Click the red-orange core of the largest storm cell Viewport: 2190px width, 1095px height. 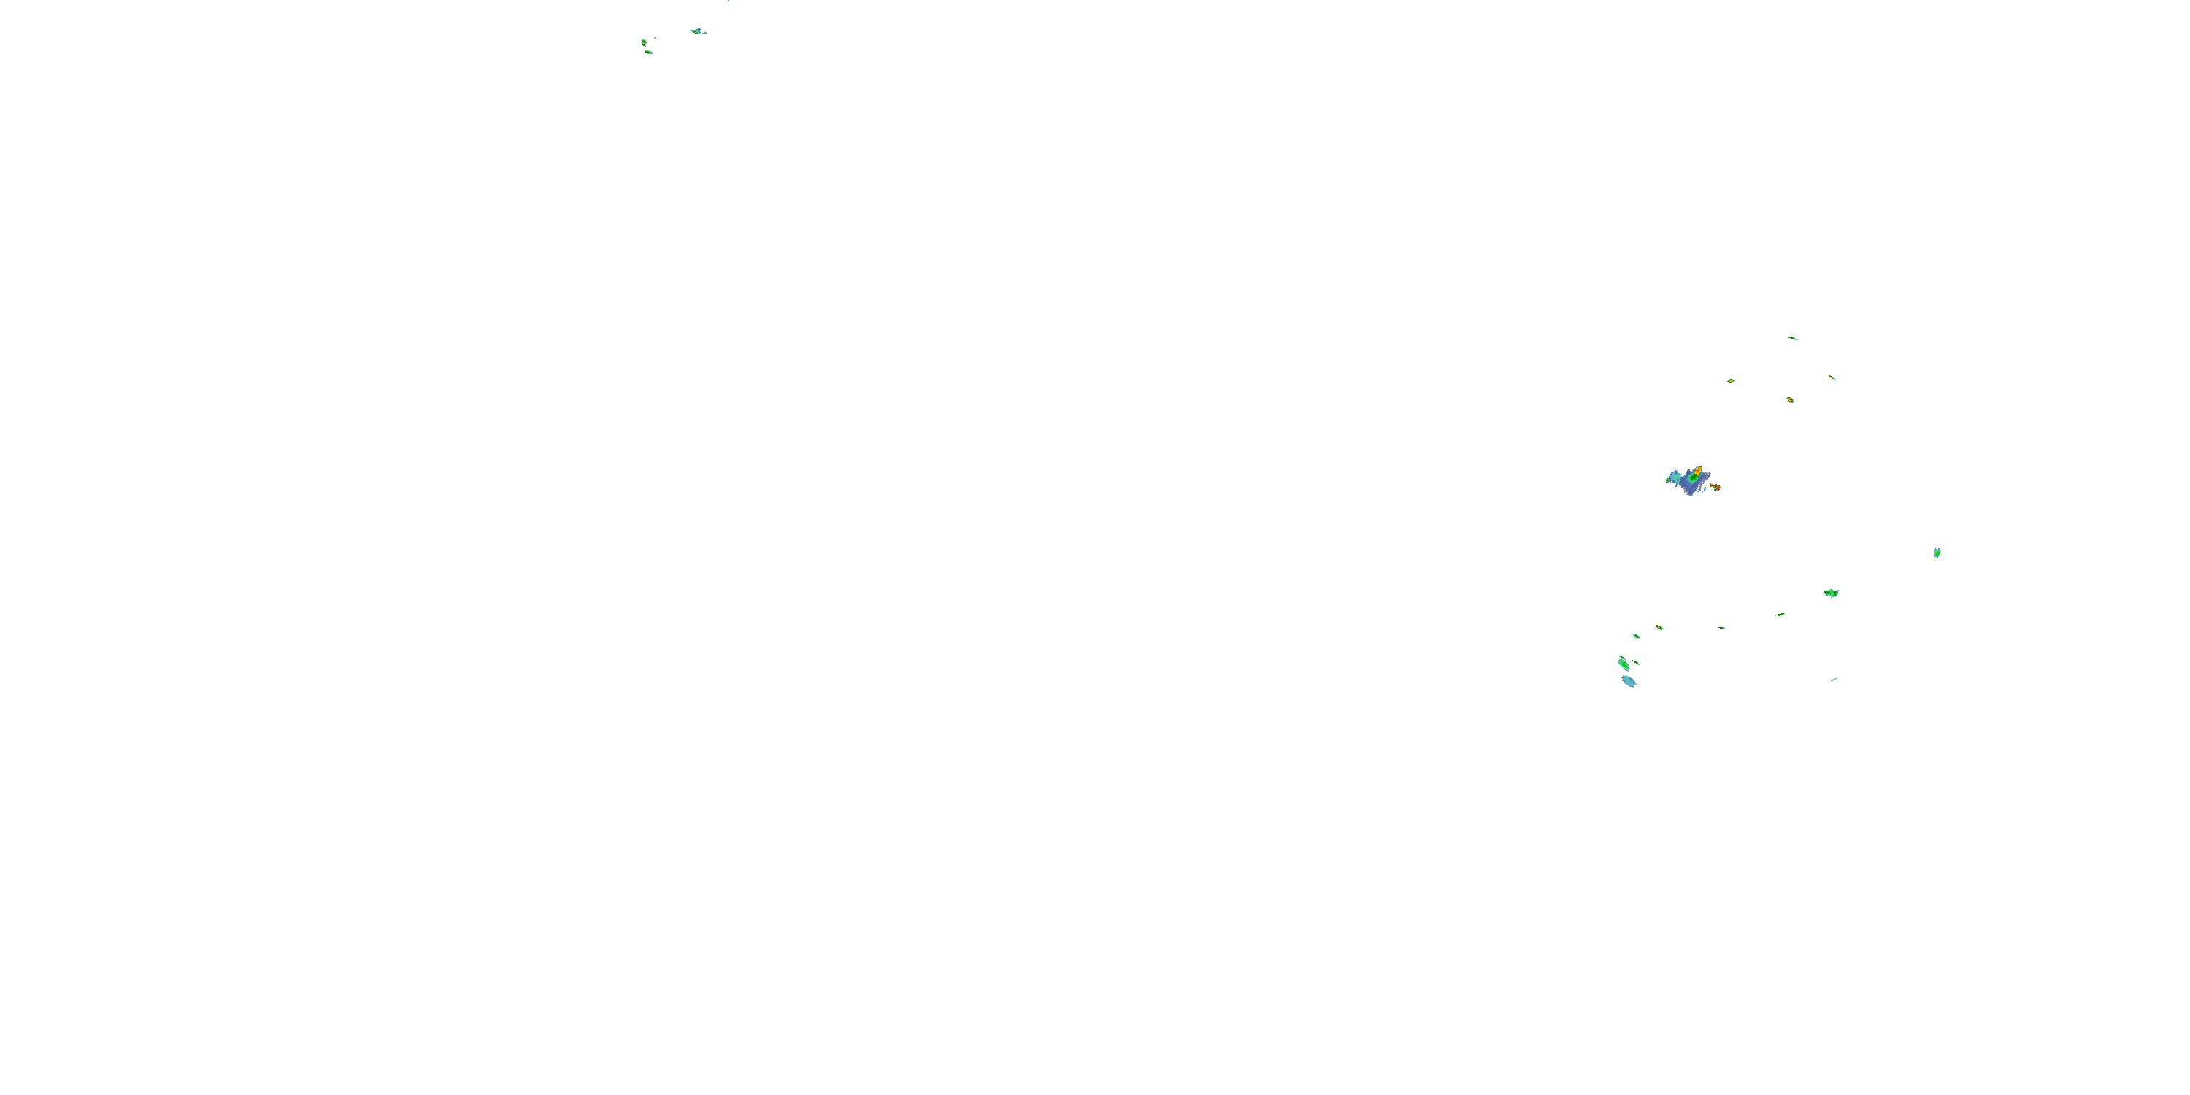click(x=1697, y=470)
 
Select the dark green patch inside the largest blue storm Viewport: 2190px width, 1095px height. click(x=1693, y=479)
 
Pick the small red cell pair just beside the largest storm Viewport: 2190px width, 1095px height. click(x=1715, y=487)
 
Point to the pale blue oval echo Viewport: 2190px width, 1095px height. click(x=1628, y=681)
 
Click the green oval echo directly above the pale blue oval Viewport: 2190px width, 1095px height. click(x=1623, y=663)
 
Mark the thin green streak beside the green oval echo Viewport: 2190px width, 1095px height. click(x=1636, y=661)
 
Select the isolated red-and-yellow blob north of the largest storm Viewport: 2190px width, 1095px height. click(x=1789, y=399)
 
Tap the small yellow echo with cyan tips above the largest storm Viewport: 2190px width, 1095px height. click(x=1730, y=380)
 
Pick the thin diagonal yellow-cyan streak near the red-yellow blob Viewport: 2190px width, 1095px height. click(x=1832, y=377)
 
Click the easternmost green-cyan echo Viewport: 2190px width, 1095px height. click(x=1937, y=553)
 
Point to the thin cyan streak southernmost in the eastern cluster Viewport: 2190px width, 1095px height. click(x=1834, y=680)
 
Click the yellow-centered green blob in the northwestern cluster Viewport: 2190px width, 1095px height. click(x=644, y=42)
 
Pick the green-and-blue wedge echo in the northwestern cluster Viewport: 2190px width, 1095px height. click(x=697, y=31)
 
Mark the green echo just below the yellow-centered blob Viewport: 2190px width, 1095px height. click(x=649, y=53)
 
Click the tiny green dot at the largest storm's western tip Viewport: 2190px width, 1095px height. click(x=1667, y=480)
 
